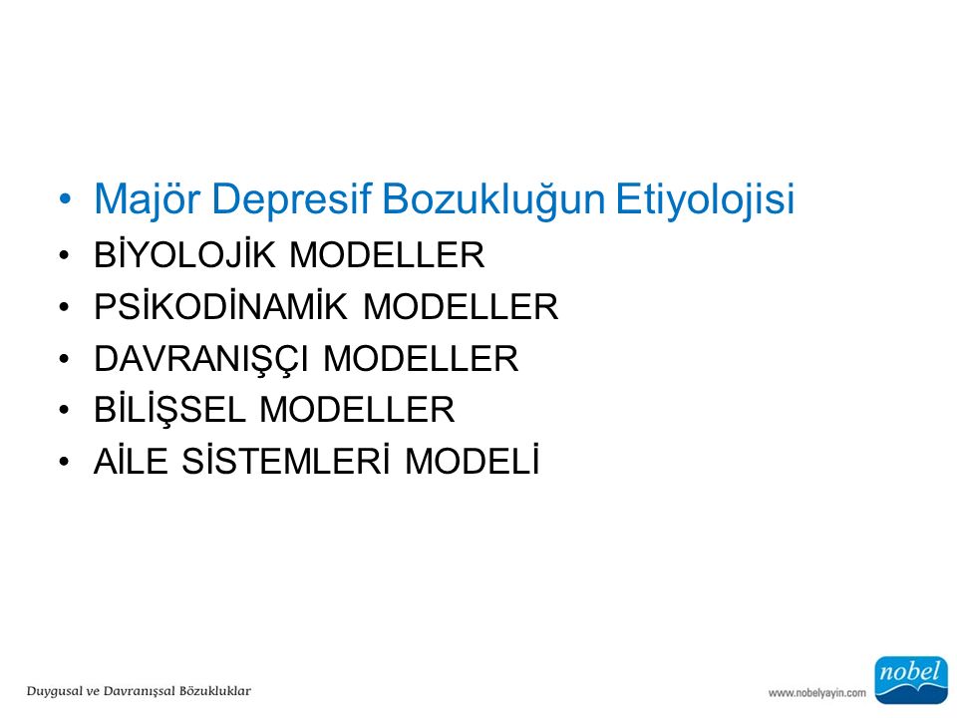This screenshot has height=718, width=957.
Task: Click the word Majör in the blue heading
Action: coord(147,199)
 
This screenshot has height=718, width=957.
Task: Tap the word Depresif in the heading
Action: coord(291,199)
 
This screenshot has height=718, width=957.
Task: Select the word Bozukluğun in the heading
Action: coord(493,199)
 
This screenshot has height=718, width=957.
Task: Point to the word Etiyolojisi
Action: coord(705,199)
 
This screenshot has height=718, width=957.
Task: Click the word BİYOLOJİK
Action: coord(184,254)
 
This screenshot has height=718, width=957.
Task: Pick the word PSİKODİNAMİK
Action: coord(220,306)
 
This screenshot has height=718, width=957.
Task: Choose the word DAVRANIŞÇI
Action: coord(200,358)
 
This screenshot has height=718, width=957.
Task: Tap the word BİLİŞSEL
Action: coord(169,409)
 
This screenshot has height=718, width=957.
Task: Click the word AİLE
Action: coord(131,461)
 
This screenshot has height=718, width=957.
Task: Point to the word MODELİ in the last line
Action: coord(473,461)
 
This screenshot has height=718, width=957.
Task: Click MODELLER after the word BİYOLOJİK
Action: coord(387,255)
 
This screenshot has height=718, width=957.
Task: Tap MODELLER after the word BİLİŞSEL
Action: coord(357,409)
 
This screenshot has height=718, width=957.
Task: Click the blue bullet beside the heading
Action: coord(65,199)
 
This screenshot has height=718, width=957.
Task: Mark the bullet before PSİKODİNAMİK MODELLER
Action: coord(65,306)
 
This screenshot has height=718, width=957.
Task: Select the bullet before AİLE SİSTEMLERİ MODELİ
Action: coord(65,461)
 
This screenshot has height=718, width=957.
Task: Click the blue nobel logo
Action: coord(911,680)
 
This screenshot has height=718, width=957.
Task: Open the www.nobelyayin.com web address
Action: coord(817,693)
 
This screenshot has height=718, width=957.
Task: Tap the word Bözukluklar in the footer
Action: coord(215,690)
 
